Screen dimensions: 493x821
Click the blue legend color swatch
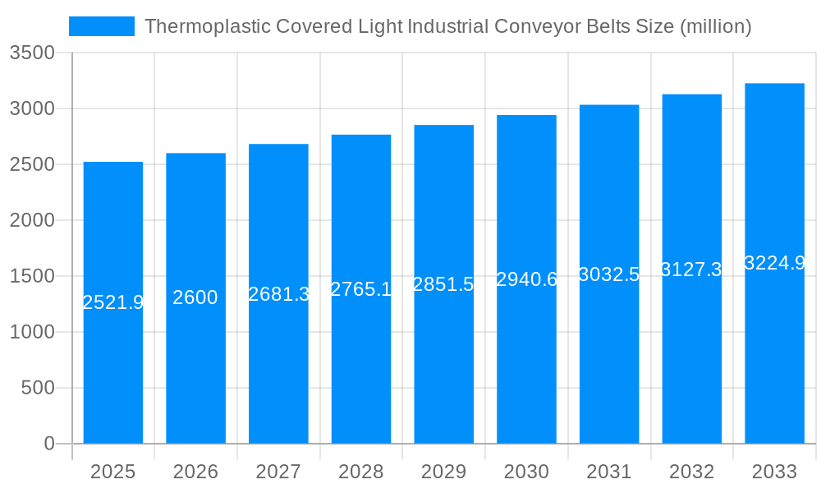click(x=101, y=26)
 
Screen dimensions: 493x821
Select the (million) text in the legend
click(x=716, y=26)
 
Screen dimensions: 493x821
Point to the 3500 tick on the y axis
click(x=32, y=53)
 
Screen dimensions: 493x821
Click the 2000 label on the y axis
click(x=32, y=220)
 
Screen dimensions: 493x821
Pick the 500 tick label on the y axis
click(x=38, y=388)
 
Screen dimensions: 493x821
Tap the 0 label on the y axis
click(x=48, y=444)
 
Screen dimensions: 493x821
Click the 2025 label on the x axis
click(x=112, y=472)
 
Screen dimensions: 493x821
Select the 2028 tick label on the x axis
click(x=360, y=472)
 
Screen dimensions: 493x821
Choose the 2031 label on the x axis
click(x=608, y=472)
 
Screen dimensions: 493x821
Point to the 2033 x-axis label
click(x=774, y=472)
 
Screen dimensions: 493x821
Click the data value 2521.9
click(x=113, y=302)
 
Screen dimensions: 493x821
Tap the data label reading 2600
click(x=195, y=297)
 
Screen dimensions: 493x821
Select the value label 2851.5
click(x=443, y=284)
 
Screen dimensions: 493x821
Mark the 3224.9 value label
click(x=774, y=263)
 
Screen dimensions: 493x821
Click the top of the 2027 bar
click(x=278, y=145)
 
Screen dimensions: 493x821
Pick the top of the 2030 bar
click(x=526, y=116)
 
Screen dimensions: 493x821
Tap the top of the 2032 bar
click(x=691, y=95)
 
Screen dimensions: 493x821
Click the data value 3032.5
click(x=608, y=274)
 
